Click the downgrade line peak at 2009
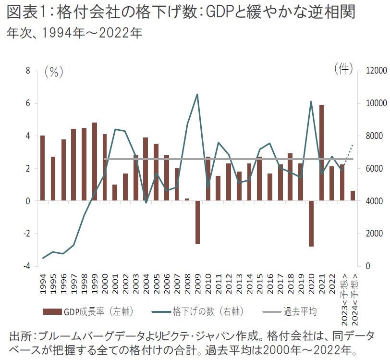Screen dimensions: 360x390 [197, 94]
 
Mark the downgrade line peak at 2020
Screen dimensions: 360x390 [311, 101]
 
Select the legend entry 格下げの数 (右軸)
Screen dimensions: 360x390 [207, 311]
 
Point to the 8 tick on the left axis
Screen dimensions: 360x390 [28, 71]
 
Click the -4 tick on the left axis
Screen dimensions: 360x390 [26, 266]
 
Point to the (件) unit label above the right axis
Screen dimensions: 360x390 [343, 69]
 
